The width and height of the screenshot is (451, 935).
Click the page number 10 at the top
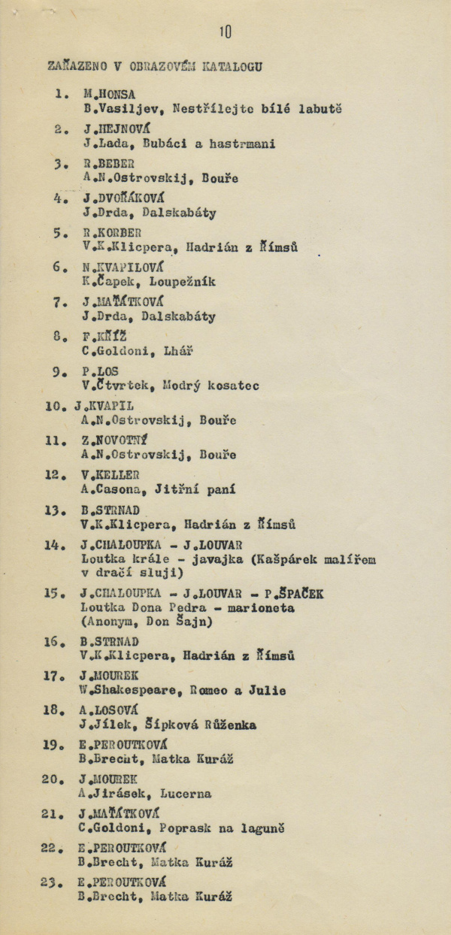coord(225,32)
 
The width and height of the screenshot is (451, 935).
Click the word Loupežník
coord(183,282)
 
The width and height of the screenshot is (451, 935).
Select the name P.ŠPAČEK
coord(294,594)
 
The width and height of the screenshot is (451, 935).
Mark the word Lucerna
coord(185,793)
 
